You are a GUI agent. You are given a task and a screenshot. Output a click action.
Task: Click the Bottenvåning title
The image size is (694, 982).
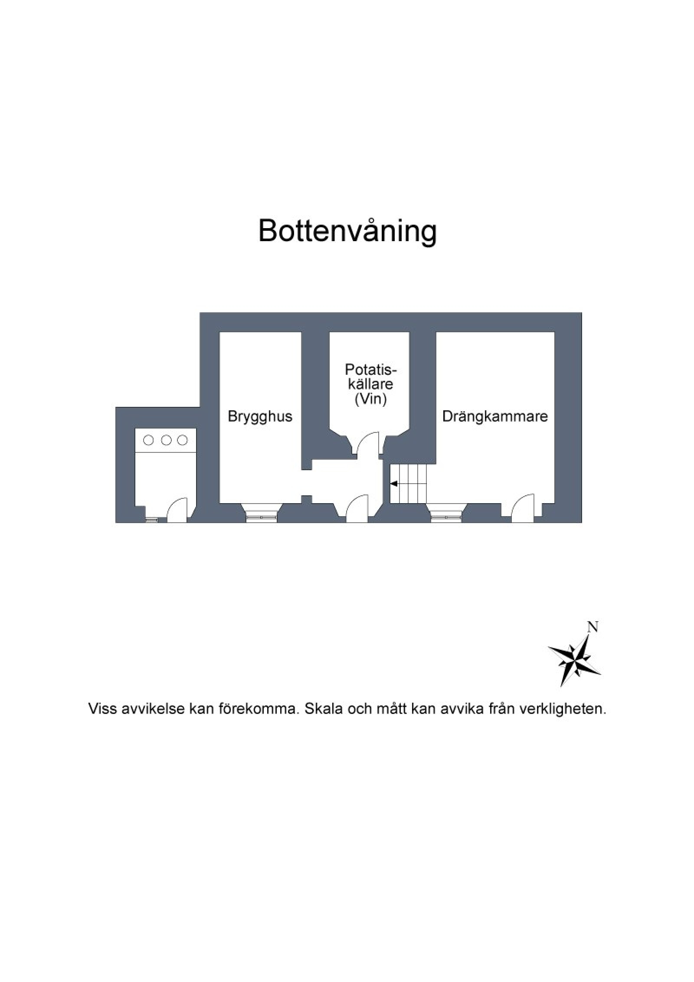[x=347, y=231]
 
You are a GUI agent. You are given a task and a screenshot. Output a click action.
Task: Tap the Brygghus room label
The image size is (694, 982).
[x=260, y=416]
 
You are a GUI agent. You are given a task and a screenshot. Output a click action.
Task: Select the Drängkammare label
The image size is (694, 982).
[x=495, y=416]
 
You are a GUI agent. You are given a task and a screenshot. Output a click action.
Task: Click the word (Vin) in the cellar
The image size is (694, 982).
[x=370, y=399]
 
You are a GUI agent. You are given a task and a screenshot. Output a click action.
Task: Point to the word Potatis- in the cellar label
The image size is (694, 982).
[x=371, y=369]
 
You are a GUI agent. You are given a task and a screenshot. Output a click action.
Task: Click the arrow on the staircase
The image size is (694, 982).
[x=394, y=484]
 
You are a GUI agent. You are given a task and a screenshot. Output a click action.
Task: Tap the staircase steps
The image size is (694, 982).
[x=408, y=484]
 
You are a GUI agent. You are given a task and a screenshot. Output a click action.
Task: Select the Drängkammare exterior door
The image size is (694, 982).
[x=522, y=505]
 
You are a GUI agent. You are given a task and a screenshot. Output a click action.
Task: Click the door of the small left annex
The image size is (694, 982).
[x=177, y=509]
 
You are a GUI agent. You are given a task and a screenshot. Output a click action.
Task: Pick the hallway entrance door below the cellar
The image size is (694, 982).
[x=357, y=506]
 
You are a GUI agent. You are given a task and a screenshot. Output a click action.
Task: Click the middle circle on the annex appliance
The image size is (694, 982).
[x=166, y=440]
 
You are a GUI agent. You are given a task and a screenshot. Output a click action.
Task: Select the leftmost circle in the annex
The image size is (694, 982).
[x=148, y=440]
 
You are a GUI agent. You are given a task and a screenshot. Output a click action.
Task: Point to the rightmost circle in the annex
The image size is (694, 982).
[x=183, y=440]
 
